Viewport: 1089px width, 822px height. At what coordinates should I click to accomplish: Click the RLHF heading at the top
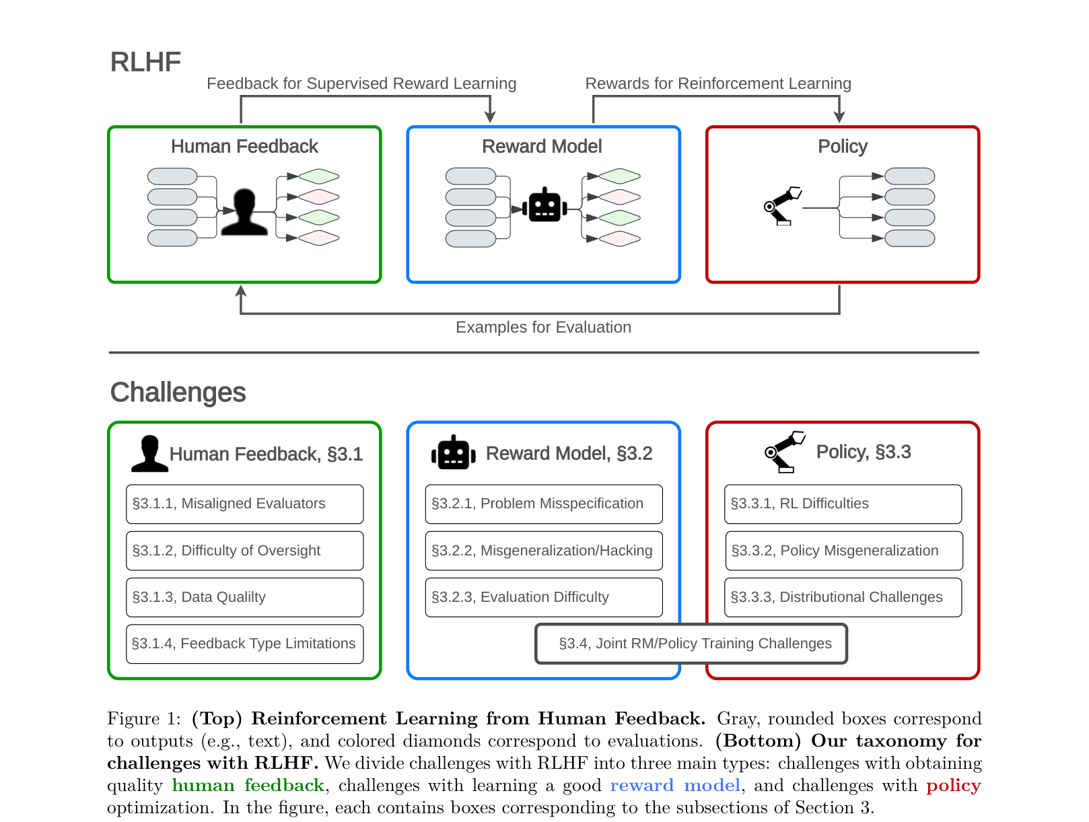pyautogui.click(x=145, y=62)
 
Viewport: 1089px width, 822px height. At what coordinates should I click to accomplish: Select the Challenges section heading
pyautogui.click(x=178, y=392)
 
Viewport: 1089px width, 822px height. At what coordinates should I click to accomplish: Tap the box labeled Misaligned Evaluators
pyautogui.click(x=244, y=504)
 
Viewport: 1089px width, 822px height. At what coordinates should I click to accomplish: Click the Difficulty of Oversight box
pyautogui.click(x=244, y=551)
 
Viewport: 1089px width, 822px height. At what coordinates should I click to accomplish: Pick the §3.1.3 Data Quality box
pyautogui.click(x=244, y=597)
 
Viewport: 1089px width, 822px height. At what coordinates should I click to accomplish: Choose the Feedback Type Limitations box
pyautogui.click(x=244, y=644)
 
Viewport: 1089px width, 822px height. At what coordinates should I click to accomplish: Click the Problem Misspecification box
pyautogui.click(x=543, y=504)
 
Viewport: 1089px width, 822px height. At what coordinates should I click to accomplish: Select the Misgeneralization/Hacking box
pyautogui.click(x=543, y=551)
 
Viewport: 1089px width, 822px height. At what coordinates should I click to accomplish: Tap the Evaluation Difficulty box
pyautogui.click(x=543, y=597)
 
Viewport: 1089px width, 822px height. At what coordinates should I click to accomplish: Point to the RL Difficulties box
pyautogui.click(x=843, y=504)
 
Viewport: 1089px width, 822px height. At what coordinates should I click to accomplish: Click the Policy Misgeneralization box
pyautogui.click(x=843, y=551)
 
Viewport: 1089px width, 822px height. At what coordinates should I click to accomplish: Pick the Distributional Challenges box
pyautogui.click(x=843, y=597)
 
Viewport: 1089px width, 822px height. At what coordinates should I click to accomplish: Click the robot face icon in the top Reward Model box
pyautogui.click(x=544, y=205)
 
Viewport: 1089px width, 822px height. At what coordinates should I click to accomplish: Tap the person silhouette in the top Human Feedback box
pyautogui.click(x=244, y=211)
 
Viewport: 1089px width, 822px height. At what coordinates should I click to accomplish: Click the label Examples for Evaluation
pyautogui.click(x=543, y=327)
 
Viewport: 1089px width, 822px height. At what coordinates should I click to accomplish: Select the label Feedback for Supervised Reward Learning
pyautogui.click(x=361, y=83)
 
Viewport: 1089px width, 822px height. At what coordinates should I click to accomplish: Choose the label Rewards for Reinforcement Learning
pyautogui.click(x=718, y=83)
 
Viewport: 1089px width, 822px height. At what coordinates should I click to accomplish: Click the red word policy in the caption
pyautogui.click(x=953, y=786)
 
